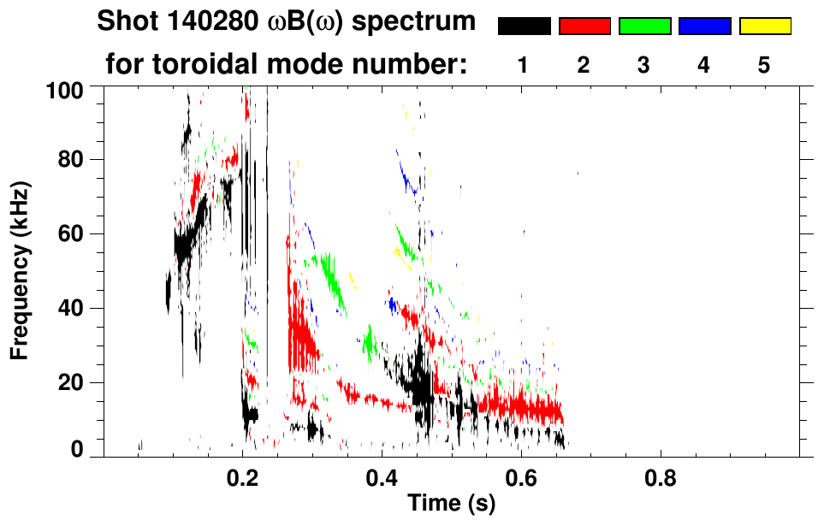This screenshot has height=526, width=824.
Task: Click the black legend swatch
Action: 524,27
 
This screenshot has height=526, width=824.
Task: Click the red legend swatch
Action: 584,27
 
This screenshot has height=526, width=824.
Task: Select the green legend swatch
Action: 644,27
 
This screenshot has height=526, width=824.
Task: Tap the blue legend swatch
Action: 704,27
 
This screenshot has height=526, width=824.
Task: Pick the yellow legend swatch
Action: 765,27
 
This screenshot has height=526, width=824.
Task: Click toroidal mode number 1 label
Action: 524,65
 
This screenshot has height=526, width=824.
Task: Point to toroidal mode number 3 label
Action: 644,65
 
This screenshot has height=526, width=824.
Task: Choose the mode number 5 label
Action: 765,65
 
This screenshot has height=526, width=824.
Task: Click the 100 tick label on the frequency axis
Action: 63,89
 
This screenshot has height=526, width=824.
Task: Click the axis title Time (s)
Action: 450,505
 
